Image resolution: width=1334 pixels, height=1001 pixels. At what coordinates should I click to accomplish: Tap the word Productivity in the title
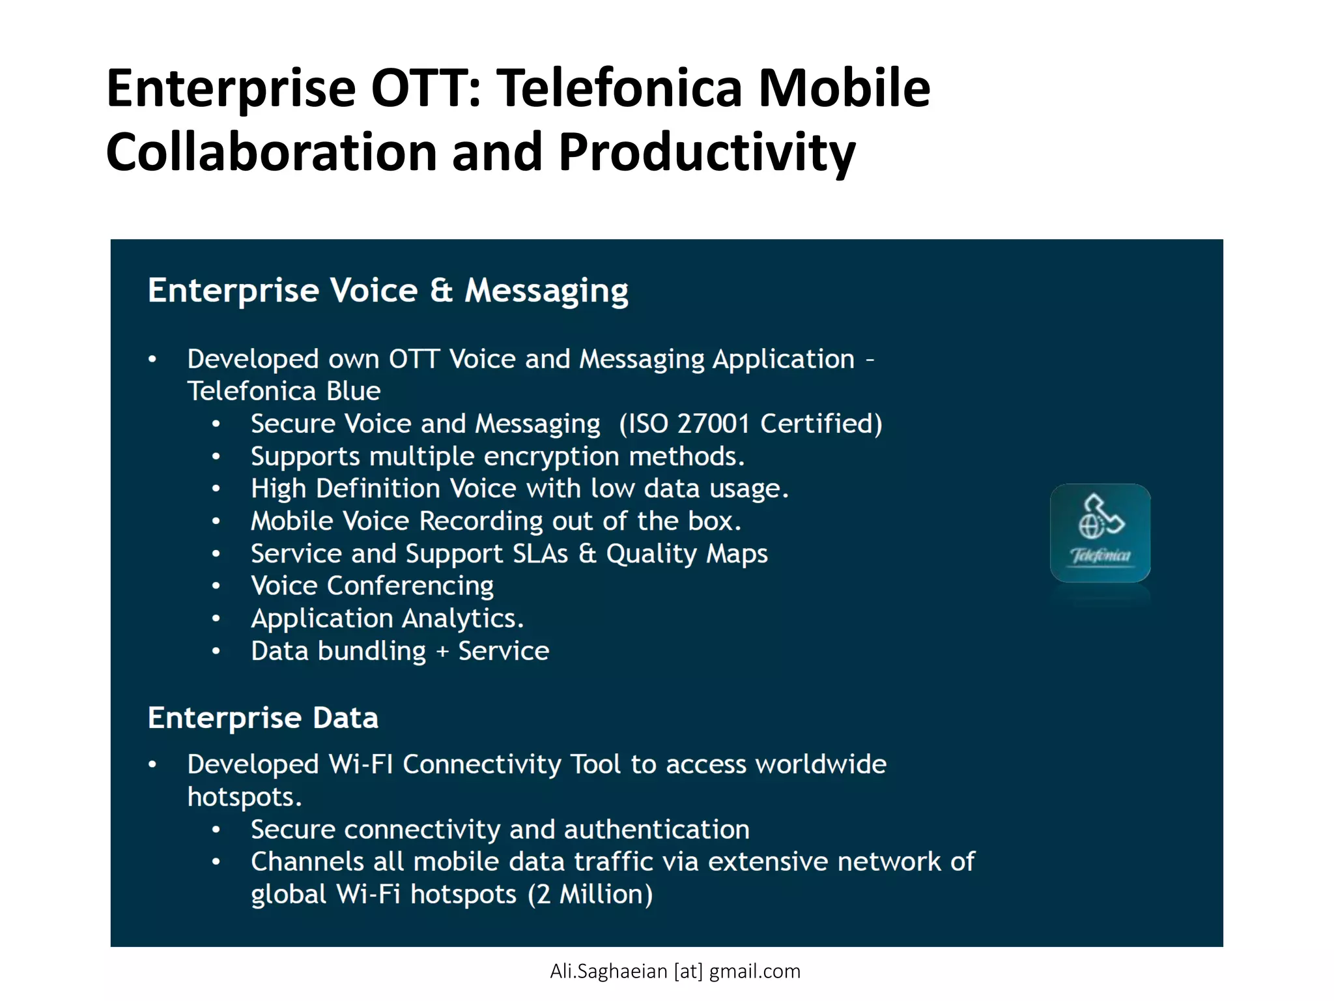(707, 152)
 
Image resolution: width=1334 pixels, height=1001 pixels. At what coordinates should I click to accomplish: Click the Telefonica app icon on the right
(1100, 533)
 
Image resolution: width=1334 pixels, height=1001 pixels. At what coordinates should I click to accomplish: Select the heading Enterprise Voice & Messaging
(388, 291)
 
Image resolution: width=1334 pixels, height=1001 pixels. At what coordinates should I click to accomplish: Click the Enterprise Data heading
(263, 718)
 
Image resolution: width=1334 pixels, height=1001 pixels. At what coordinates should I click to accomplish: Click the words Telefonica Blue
(283, 392)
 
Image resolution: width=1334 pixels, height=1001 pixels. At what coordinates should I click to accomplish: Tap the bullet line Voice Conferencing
(372, 586)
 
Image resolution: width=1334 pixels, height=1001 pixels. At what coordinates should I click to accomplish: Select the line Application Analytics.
(387, 618)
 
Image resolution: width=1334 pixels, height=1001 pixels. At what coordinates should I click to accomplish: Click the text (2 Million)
(589, 895)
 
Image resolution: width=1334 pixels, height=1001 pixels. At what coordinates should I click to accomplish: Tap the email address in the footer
(675, 972)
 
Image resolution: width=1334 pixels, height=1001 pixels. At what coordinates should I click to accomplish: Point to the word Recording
(481, 521)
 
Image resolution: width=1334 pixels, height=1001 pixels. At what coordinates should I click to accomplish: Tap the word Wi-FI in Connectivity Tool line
(361, 764)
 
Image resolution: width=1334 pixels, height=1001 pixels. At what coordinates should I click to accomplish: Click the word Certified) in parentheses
(821, 424)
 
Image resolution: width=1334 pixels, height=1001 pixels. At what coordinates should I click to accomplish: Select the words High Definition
(345, 489)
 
